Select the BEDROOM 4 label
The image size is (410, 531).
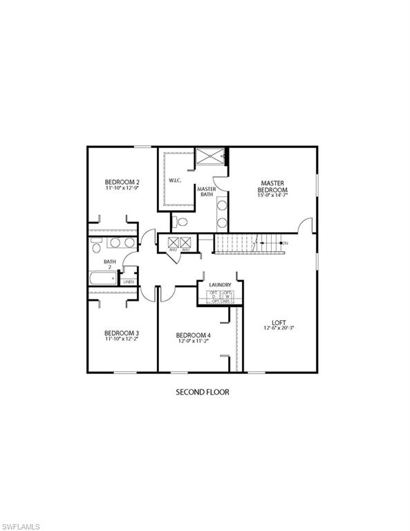pos(194,335)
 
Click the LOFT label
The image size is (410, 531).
pos(279,323)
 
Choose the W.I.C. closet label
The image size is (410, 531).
pos(175,181)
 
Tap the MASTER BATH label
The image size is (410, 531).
pos(206,192)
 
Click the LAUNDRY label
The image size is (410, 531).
pos(220,284)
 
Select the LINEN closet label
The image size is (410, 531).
pos(129,282)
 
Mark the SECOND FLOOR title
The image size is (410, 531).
pos(202,392)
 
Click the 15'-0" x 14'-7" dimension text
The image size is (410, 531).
pos(272,196)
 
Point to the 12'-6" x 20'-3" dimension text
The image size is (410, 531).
pos(279,329)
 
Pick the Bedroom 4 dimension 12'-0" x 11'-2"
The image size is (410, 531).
pos(194,341)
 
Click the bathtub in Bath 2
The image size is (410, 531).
pos(104,279)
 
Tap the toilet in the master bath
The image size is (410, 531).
pos(180,222)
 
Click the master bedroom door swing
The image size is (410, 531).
pos(304,225)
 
